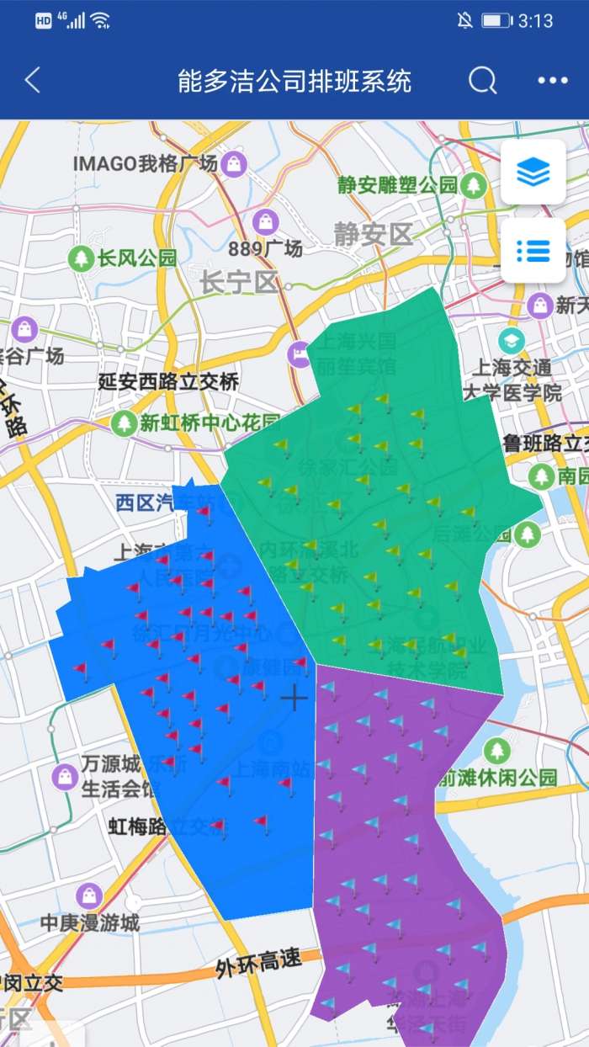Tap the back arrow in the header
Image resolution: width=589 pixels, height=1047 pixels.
32,81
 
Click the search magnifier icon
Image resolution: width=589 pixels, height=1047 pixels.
483,81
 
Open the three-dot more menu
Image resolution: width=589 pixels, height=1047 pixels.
553,81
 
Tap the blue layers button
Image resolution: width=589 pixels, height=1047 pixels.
533,173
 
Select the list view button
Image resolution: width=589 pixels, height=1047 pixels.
533,250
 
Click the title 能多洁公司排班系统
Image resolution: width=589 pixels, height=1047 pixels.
294,82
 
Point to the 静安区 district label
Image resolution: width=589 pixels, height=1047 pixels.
373,233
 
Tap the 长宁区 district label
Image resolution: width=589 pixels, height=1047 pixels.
239,283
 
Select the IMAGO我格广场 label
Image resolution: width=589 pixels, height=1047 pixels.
145,163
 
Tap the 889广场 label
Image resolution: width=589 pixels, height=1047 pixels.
265,248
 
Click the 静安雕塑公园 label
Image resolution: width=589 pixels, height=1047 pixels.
397,185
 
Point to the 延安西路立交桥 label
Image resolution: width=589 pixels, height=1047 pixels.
168,382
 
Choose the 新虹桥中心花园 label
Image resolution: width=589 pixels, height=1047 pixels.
210,423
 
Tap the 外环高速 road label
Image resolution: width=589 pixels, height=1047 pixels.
258,962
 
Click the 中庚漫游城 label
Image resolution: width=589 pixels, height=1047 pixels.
90,922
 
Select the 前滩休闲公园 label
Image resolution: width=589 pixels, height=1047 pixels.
496,778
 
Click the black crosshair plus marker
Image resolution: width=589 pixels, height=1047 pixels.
294,698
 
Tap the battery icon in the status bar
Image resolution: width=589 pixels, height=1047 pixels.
496,20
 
